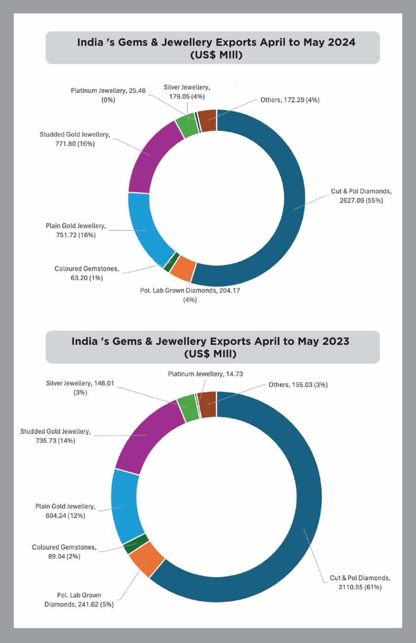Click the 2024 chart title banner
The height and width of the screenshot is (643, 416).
pyautogui.click(x=213, y=48)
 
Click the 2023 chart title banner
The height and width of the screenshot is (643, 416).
pyautogui.click(x=213, y=347)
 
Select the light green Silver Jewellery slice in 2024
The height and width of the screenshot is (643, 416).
pyautogui.click(x=187, y=125)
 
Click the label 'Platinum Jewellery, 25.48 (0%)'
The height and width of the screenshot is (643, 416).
pyautogui.click(x=108, y=95)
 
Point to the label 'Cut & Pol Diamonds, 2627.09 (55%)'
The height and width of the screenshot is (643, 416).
pyautogui.click(x=361, y=196)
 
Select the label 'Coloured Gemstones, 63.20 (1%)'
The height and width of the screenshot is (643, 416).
pyautogui.click(x=86, y=273)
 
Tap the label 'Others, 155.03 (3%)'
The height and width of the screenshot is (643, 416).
pyautogui.click(x=298, y=385)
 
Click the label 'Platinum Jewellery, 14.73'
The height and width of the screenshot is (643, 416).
pyautogui.click(x=205, y=374)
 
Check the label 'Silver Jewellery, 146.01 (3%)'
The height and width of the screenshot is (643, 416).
pyautogui.click(x=80, y=388)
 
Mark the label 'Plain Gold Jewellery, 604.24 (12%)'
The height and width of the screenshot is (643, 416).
pyautogui.click(x=65, y=511)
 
